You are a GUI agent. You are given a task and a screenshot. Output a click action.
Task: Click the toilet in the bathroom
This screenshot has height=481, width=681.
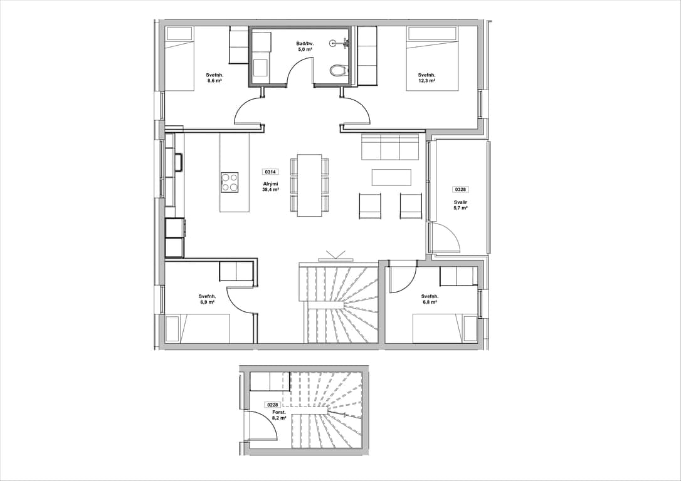339,71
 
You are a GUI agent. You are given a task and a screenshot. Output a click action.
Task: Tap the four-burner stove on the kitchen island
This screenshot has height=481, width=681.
230,182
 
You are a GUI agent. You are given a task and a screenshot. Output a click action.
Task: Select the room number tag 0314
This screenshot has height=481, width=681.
270,172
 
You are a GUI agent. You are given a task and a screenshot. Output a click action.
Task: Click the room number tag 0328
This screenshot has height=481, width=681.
461,190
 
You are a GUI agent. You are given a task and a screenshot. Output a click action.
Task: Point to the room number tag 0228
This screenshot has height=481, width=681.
273,405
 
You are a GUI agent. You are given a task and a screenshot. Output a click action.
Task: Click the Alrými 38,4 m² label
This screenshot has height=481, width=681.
270,187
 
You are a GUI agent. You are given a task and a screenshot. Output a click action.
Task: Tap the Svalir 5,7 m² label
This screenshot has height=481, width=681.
461,205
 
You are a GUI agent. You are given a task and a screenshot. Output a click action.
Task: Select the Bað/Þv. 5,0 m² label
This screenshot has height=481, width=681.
305,47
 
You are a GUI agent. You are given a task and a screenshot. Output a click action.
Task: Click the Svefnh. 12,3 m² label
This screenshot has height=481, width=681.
427,78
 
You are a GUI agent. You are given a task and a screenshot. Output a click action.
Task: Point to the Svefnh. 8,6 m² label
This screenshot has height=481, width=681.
214,78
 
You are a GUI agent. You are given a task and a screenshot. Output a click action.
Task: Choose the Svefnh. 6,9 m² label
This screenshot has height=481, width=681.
207,299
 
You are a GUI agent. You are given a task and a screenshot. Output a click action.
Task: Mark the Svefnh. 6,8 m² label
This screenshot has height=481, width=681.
430,299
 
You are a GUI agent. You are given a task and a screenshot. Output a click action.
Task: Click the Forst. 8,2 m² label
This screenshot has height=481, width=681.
279,415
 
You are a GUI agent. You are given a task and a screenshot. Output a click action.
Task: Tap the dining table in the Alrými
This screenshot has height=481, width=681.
310,185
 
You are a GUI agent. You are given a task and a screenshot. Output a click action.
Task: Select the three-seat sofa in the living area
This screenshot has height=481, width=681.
389,147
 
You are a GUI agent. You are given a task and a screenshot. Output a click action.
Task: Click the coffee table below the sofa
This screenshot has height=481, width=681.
391,177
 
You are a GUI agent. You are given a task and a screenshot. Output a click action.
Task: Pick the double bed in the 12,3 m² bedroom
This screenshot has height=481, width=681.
433,58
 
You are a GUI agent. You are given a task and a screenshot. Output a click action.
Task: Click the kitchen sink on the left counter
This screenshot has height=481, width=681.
179,163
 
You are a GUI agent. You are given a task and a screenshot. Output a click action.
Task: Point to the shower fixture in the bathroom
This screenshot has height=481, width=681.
340,43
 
